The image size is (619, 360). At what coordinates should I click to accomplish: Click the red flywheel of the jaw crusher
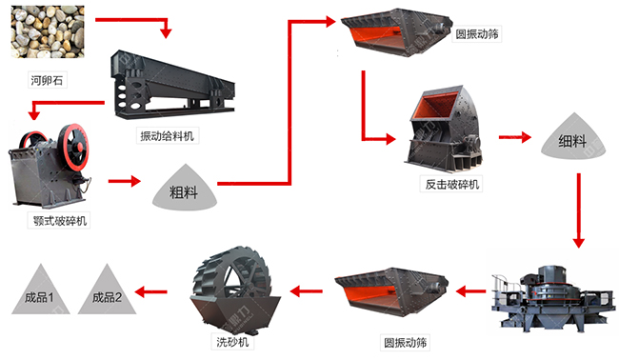tap(70, 149)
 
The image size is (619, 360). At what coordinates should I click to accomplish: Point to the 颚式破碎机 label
tap(59, 221)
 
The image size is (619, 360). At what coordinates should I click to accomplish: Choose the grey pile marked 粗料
tap(184, 188)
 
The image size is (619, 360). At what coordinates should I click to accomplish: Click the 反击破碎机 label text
tap(450, 183)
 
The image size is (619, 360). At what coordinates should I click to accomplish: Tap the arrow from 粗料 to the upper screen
tap(286, 105)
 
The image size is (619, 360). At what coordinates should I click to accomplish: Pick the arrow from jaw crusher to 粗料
tap(124, 179)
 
